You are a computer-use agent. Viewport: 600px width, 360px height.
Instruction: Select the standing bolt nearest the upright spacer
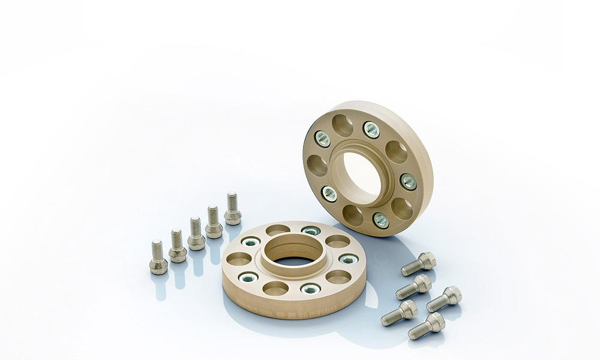[x=232, y=208]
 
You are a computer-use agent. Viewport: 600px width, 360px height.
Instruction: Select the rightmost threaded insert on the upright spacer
[x=408, y=181]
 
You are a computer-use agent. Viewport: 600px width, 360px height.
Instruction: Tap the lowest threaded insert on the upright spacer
[x=381, y=220]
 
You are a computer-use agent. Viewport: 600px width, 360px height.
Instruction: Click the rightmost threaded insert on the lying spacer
[x=348, y=259]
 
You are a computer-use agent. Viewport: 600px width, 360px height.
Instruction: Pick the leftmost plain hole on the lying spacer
[x=239, y=259]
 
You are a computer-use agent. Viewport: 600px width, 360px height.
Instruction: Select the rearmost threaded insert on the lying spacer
[x=310, y=231]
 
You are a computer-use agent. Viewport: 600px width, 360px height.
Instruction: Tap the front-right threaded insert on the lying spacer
[x=310, y=289]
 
